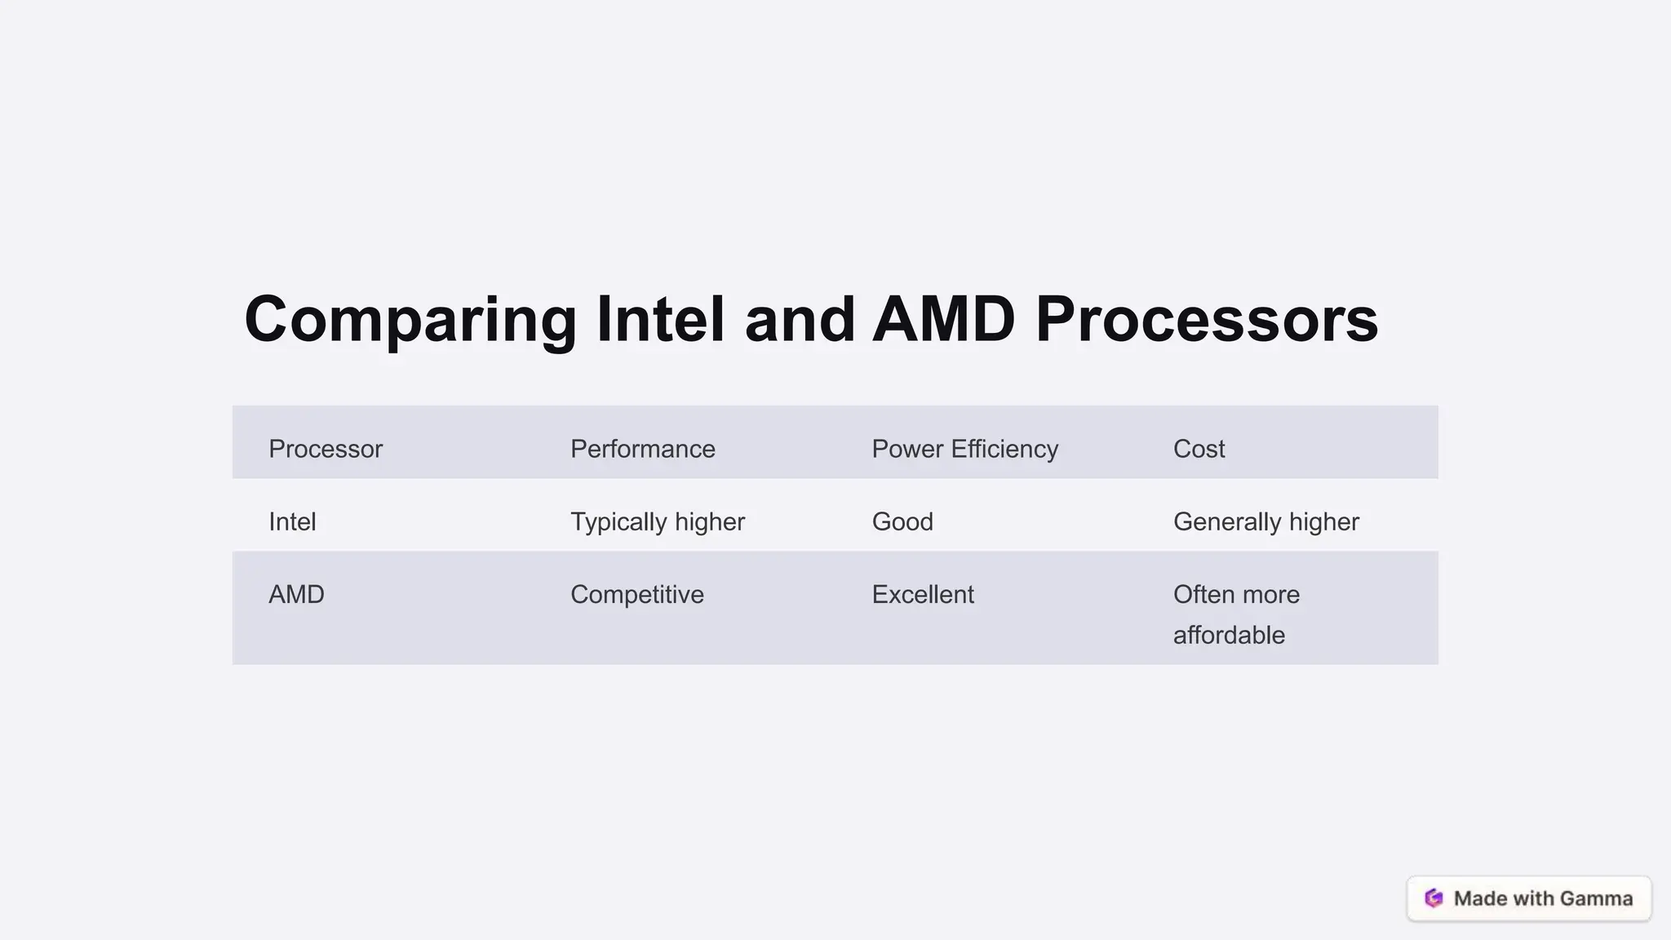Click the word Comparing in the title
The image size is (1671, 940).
[x=410, y=320]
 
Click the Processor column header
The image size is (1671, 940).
[x=326, y=449]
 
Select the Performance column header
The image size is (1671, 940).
[x=642, y=449]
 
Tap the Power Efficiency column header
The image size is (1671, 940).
[x=964, y=449]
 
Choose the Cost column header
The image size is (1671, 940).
[x=1199, y=449]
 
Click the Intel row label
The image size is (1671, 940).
[x=292, y=522]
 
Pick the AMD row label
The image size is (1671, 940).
[x=296, y=595]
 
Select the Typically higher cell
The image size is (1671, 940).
[x=657, y=522]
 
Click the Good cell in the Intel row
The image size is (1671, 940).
[x=902, y=522]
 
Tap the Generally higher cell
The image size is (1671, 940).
[x=1265, y=522]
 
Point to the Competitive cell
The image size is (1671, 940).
[x=636, y=595]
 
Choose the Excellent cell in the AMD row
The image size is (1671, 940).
[x=922, y=595]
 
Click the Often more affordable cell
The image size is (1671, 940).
[x=1236, y=614]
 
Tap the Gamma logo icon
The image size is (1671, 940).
[x=1434, y=898]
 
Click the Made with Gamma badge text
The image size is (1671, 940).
[x=1543, y=898]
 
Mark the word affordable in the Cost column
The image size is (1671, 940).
[x=1229, y=636]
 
